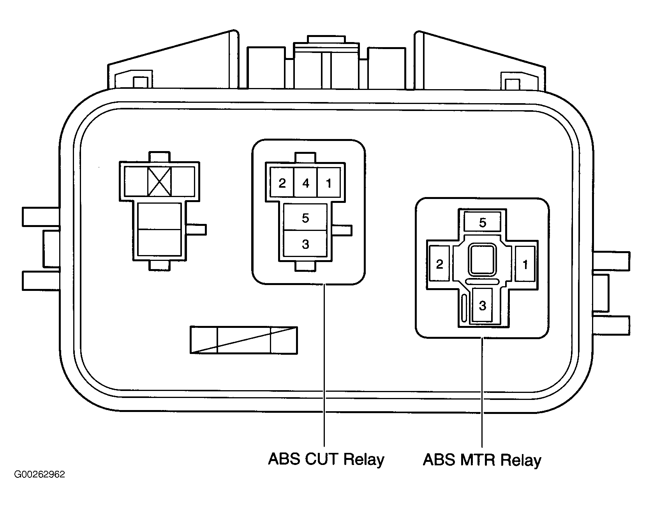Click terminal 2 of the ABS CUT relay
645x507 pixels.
[282, 183]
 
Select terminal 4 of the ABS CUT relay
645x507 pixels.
[306, 183]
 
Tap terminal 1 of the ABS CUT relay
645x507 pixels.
[329, 183]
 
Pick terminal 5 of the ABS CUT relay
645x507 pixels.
[305, 218]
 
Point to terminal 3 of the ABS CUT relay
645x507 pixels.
[305, 244]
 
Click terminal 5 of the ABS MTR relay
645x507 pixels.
[483, 222]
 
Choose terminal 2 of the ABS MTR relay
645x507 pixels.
[439, 264]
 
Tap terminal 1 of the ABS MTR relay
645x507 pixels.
[525, 264]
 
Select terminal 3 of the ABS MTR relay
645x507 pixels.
[482, 306]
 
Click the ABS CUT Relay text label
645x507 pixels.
[326, 459]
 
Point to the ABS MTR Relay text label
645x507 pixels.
[482, 460]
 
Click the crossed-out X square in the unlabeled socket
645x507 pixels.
[159, 181]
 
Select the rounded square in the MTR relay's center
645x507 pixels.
[483, 259]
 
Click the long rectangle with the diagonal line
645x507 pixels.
[243, 340]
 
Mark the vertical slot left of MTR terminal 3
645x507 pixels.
[464, 308]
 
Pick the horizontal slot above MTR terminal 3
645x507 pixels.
[482, 281]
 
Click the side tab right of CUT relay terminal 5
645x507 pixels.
[343, 230]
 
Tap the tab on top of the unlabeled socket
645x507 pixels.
[159, 157]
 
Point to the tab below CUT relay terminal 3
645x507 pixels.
[305, 266]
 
